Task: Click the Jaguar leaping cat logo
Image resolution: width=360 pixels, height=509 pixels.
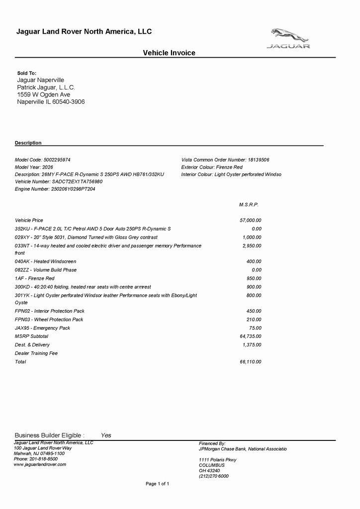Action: coord(290,35)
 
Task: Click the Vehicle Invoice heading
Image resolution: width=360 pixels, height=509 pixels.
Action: coord(169,53)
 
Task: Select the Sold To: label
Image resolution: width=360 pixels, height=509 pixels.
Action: coord(27,73)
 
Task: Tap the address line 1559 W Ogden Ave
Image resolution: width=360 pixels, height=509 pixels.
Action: coord(44,94)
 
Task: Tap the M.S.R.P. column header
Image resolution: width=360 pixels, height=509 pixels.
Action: coord(249,204)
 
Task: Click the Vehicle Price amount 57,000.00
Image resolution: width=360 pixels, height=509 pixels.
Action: coord(251,220)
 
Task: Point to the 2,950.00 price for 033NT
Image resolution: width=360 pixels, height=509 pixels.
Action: coord(252,246)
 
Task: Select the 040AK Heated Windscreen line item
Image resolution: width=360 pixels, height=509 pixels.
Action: coord(46,261)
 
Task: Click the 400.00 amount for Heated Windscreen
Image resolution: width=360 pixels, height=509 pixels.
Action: coord(254,261)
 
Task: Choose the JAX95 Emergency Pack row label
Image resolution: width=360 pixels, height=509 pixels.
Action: coord(42,328)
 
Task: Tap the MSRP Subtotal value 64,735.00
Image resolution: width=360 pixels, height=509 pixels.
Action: coord(251,336)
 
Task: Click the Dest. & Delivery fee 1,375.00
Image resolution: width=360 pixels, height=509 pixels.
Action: coord(252,344)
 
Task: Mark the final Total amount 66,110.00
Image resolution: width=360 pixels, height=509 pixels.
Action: coord(251,361)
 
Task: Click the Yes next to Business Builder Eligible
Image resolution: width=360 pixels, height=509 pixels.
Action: coord(106,435)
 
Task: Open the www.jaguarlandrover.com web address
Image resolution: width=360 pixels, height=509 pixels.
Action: coord(40,464)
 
